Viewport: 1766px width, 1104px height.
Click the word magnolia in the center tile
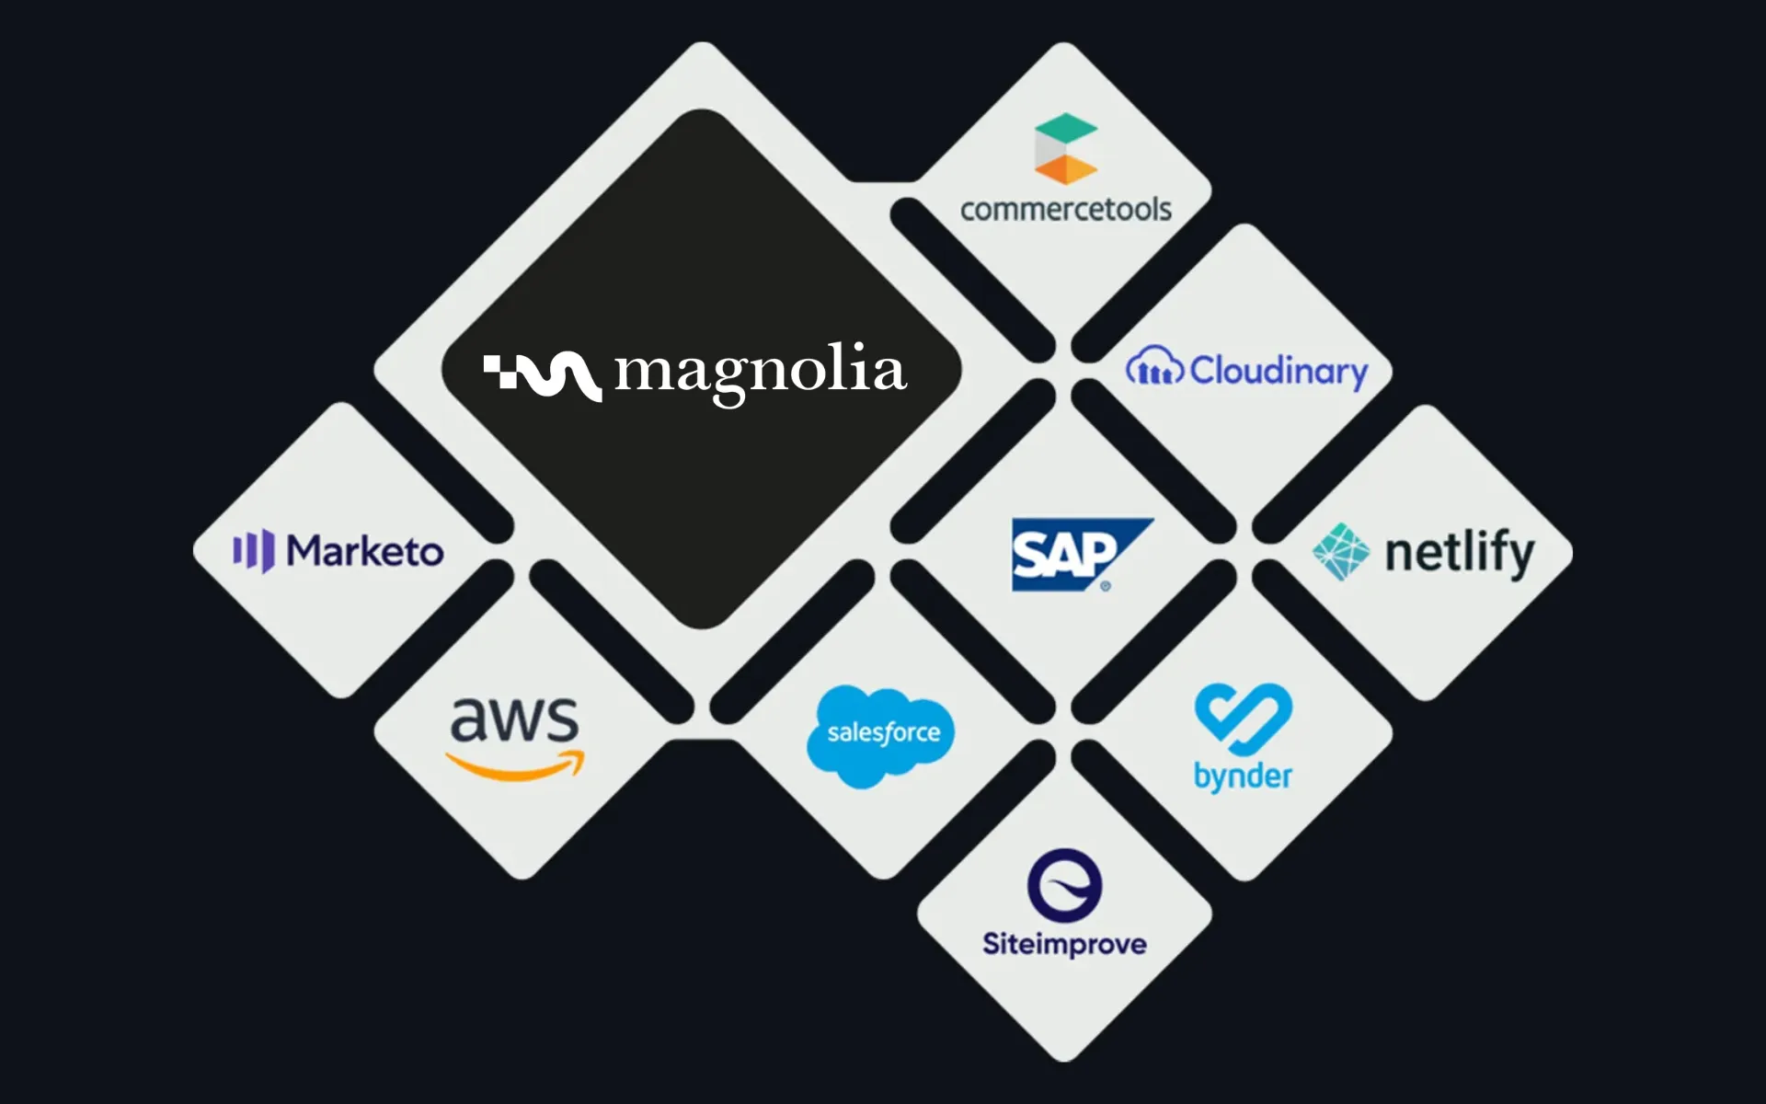[x=761, y=373]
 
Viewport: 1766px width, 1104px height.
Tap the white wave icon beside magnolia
[x=543, y=375]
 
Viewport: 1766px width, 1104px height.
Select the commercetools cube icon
[x=1065, y=148]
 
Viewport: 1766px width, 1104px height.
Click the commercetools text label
[x=1065, y=210]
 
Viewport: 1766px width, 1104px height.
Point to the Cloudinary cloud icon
[x=1153, y=368]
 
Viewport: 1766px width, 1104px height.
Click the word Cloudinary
[x=1279, y=372]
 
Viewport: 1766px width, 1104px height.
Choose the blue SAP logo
[x=1076, y=554]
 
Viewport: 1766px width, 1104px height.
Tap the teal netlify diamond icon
[x=1340, y=552]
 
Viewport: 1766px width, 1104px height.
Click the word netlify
[x=1459, y=554]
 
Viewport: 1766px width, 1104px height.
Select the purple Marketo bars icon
[x=253, y=551]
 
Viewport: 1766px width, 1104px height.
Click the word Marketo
[x=365, y=552]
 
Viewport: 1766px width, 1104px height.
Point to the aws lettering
[x=514, y=720]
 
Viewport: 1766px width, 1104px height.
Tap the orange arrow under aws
[x=515, y=766]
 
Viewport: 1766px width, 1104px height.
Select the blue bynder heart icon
[x=1243, y=715]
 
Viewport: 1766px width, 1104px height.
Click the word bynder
[x=1243, y=776]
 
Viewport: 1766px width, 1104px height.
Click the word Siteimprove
[x=1064, y=945]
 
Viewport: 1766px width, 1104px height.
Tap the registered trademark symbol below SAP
[x=1106, y=586]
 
